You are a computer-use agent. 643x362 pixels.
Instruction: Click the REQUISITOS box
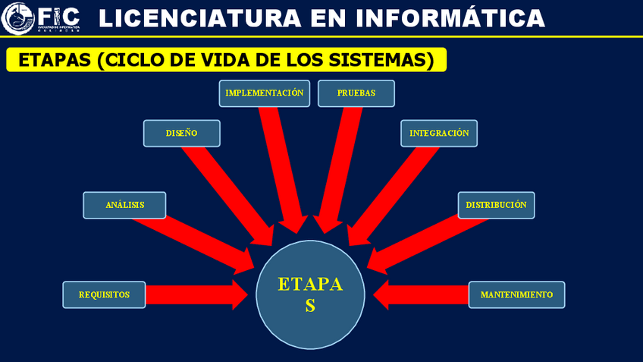pyautogui.click(x=104, y=294)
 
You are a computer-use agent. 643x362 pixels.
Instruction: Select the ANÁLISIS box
pyautogui.click(x=124, y=205)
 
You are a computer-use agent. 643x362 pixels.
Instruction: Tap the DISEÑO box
pyautogui.click(x=182, y=133)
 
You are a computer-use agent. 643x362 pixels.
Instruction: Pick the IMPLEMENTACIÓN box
pyautogui.click(x=265, y=93)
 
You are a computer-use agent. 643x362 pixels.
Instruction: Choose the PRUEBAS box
pyautogui.click(x=356, y=93)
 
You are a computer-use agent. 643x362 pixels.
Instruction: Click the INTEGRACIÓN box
pyautogui.click(x=439, y=133)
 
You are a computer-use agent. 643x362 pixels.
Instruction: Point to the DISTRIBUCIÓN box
pyautogui.click(x=496, y=205)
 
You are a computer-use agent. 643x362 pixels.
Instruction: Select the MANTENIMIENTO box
pyautogui.click(x=516, y=294)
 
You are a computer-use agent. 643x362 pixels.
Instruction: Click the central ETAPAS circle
pyautogui.click(x=310, y=294)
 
